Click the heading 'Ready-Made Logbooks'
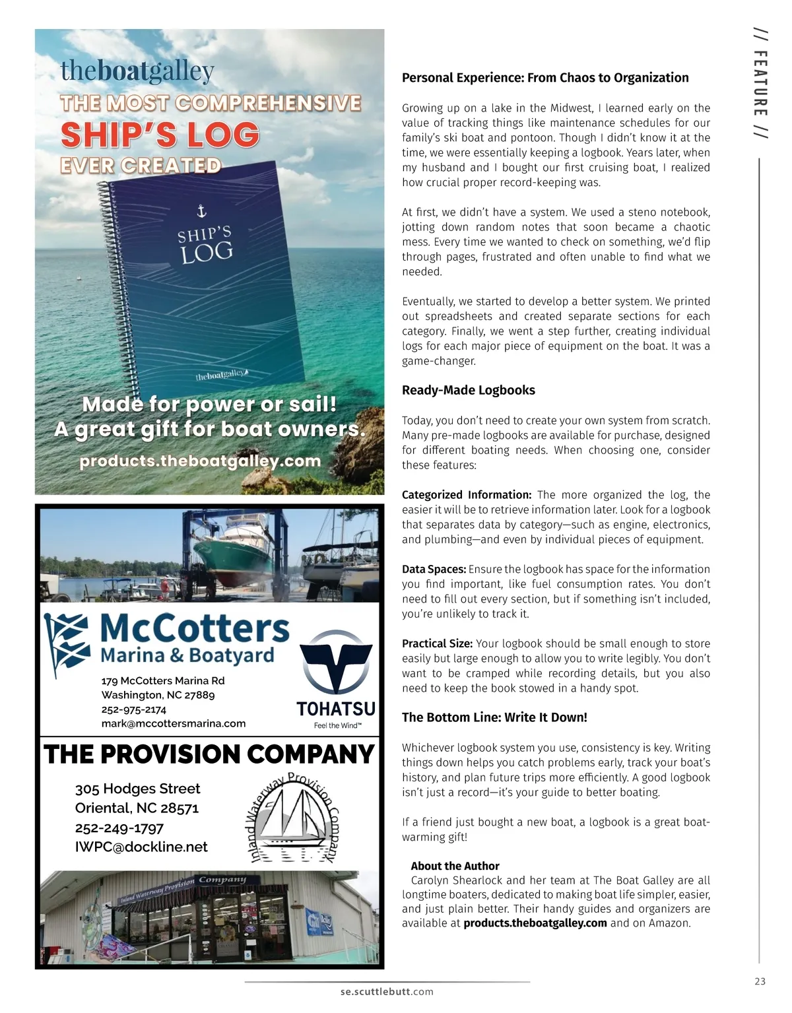tap(468, 390)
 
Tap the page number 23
tap(760, 981)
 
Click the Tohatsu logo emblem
tap(336, 663)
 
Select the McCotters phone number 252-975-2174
tap(134, 709)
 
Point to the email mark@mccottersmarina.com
tap(174, 723)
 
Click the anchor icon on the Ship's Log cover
tap(202, 211)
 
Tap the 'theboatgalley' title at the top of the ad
tap(137, 71)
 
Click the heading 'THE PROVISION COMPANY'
tap(209, 754)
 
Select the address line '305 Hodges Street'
tap(137, 789)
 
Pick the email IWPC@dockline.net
tap(141, 847)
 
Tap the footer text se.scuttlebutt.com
tap(387, 991)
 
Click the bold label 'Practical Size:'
tap(437, 643)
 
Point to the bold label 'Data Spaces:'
tap(434, 569)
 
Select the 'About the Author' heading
tap(455, 866)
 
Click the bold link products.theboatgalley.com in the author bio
tap(535, 923)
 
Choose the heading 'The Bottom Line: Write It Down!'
tap(494, 717)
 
